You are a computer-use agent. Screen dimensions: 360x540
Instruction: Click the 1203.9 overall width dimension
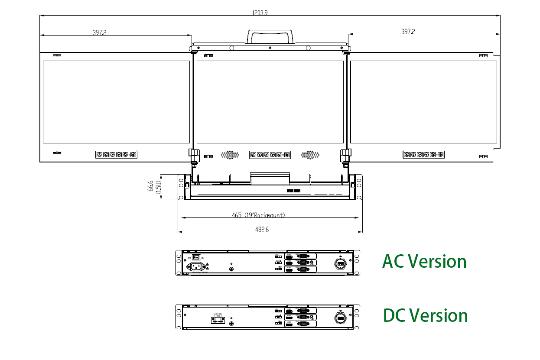click(260, 13)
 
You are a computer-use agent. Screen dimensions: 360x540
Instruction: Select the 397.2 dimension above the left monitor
click(99, 32)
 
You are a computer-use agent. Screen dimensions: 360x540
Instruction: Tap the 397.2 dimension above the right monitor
click(408, 32)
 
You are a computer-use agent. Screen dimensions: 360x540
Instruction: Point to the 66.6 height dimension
click(150, 187)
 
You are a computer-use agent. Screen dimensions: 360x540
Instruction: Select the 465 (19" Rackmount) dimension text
click(258, 215)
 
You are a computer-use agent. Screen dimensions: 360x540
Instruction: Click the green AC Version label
click(424, 261)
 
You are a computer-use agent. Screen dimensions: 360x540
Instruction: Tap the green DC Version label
click(425, 315)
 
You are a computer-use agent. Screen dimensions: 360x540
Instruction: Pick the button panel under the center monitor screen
click(270, 155)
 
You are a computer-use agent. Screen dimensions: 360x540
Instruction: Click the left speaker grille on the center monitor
click(230, 155)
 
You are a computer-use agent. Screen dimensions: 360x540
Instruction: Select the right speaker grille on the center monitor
click(310, 155)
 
